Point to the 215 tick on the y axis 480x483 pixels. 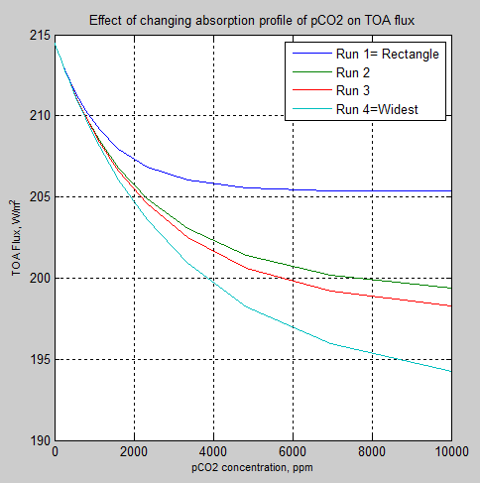click(40, 36)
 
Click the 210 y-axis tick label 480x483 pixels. click(40, 116)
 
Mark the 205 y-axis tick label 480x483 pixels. click(40, 197)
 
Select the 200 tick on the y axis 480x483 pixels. click(40, 279)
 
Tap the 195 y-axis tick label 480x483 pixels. click(40, 360)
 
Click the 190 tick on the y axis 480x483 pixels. click(40, 440)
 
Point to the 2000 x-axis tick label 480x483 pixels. click(134, 451)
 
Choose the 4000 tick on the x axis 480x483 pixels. click(213, 451)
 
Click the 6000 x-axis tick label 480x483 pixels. click(293, 451)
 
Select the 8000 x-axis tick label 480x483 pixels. click(372, 451)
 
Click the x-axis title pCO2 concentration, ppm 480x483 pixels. click(253, 466)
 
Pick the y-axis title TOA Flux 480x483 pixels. click(17, 238)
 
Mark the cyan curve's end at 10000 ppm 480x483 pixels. click(451, 371)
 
